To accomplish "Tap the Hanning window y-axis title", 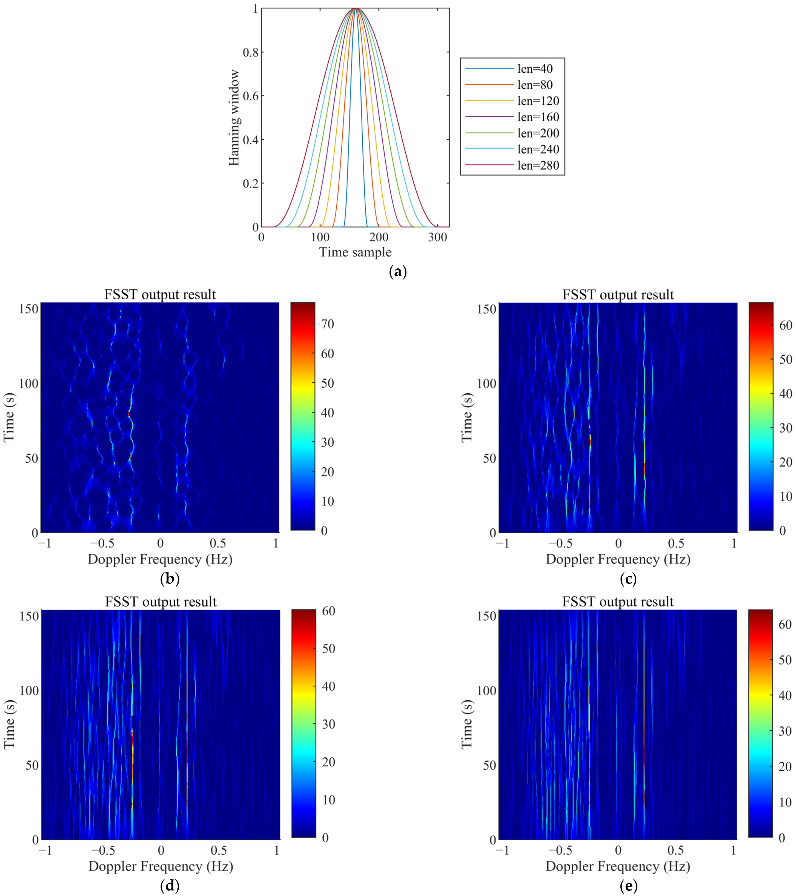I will click(234, 118).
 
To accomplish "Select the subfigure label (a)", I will click(397, 272).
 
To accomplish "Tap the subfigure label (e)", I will click(629, 886).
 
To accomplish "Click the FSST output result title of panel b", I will click(160, 294).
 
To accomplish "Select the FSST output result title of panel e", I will click(618, 602).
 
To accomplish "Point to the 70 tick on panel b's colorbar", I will click(327, 324).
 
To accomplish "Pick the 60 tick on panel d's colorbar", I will click(328, 611).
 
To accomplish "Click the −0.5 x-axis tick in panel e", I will click(561, 851).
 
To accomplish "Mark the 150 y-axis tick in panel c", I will click(486, 309).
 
